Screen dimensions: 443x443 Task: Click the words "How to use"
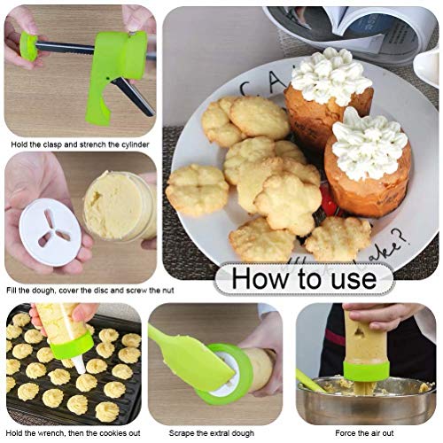[303, 279]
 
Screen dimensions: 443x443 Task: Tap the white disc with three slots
[49, 232]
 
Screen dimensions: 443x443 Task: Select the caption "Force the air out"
[365, 433]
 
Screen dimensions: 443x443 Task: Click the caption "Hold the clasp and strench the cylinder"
[79, 144]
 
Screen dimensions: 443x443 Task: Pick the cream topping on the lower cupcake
[369, 144]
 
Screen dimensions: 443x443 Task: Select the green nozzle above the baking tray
[71, 346]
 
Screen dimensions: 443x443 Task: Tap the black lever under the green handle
[134, 96]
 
